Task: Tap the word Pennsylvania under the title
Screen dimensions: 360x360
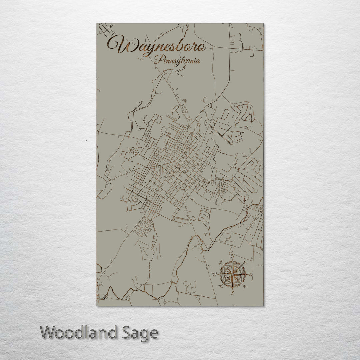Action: click(x=177, y=61)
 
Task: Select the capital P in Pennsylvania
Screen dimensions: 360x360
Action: click(x=157, y=60)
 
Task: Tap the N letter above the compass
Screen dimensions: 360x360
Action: click(x=233, y=256)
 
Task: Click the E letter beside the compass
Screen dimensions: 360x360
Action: click(x=251, y=274)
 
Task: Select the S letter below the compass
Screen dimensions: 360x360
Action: click(x=233, y=293)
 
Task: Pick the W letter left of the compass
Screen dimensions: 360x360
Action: click(x=214, y=274)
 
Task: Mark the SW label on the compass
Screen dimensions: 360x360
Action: click(x=221, y=287)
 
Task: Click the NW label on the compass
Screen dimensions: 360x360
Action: click(x=220, y=262)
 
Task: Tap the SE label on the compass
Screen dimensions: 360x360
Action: click(x=245, y=287)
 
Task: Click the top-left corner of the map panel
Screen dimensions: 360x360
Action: click(x=97, y=24)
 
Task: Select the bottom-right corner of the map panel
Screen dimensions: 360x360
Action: click(x=263, y=305)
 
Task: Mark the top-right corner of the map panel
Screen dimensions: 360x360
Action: click(x=263, y=24)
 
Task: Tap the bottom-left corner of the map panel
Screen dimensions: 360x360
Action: click(x=97, y=305)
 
